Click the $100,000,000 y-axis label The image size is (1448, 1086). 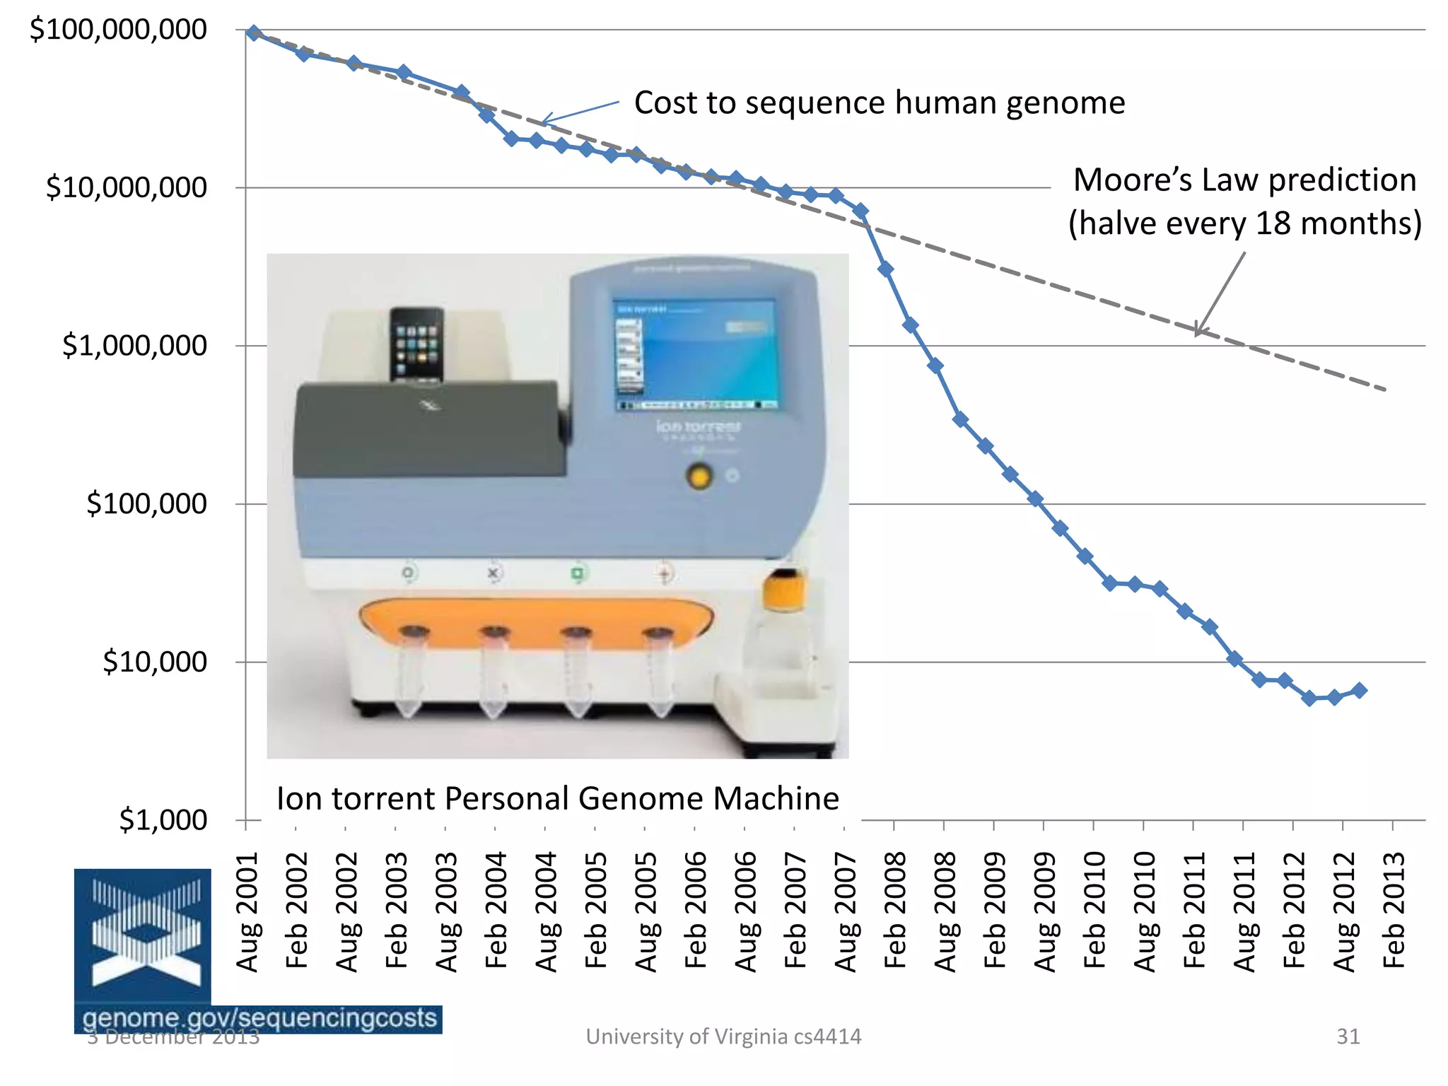[x=118, y=30]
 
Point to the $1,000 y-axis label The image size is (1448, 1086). [x=163, y=820]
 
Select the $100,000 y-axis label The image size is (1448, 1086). [x=146, y=504]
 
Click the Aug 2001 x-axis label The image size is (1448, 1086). [x=247, y=912]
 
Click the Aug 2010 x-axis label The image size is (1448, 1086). [x=1144, y=912]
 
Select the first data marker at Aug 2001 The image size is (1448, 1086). [x=254, y=33]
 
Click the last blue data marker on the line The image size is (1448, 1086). [x=1359, y=691]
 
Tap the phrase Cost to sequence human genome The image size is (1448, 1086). [x=879, y=103]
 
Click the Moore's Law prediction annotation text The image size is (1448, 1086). [x=1244, y=202]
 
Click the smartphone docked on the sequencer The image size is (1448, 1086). [x=416, y=345]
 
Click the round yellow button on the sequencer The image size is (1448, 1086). [x=699, y=477]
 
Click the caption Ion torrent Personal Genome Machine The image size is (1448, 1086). [x=557, y=799]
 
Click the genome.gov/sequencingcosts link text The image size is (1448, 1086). [x=259, y=1018]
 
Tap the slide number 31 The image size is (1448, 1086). [x=1348, y=1037]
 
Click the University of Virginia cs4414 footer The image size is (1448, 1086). [x=723, y=1037]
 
